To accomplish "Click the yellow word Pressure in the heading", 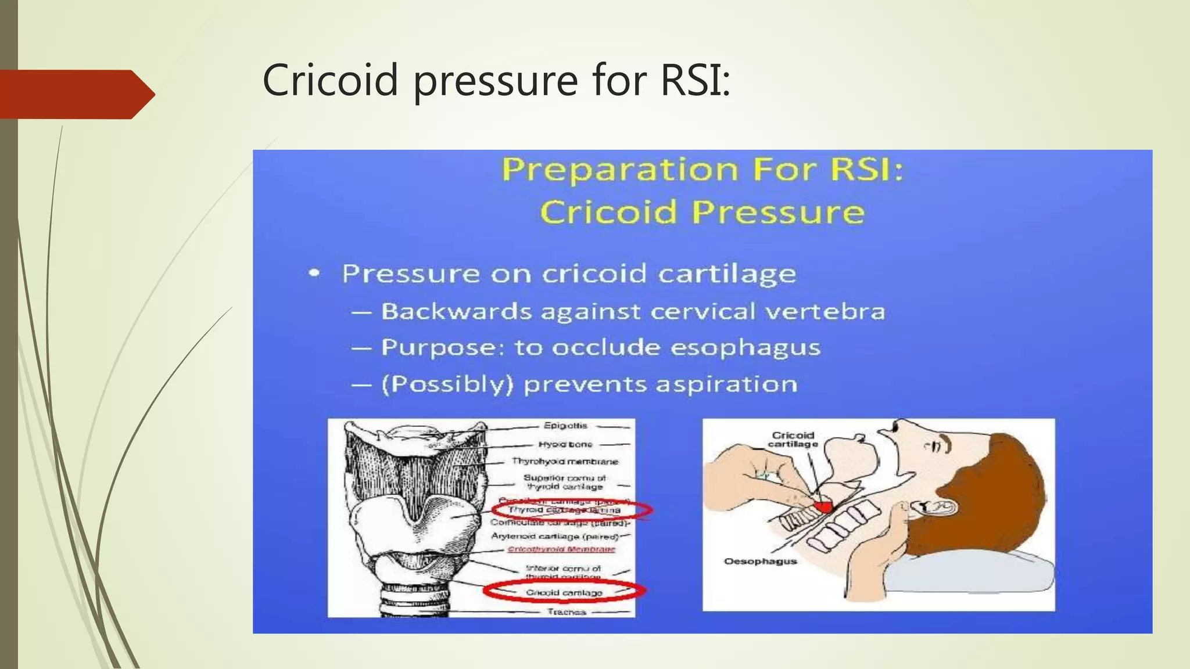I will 779,212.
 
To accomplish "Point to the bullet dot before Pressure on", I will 314,273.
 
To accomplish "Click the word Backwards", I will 456,312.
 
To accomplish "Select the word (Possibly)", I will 447,384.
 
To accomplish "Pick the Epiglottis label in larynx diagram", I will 565,426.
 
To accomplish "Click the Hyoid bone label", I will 565,444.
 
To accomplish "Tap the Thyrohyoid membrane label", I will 565,462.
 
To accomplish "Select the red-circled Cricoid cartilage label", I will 564,592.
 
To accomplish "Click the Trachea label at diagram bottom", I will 567,612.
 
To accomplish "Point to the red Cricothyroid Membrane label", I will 561,549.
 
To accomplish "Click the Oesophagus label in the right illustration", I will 760,562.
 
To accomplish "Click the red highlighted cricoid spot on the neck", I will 823,506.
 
